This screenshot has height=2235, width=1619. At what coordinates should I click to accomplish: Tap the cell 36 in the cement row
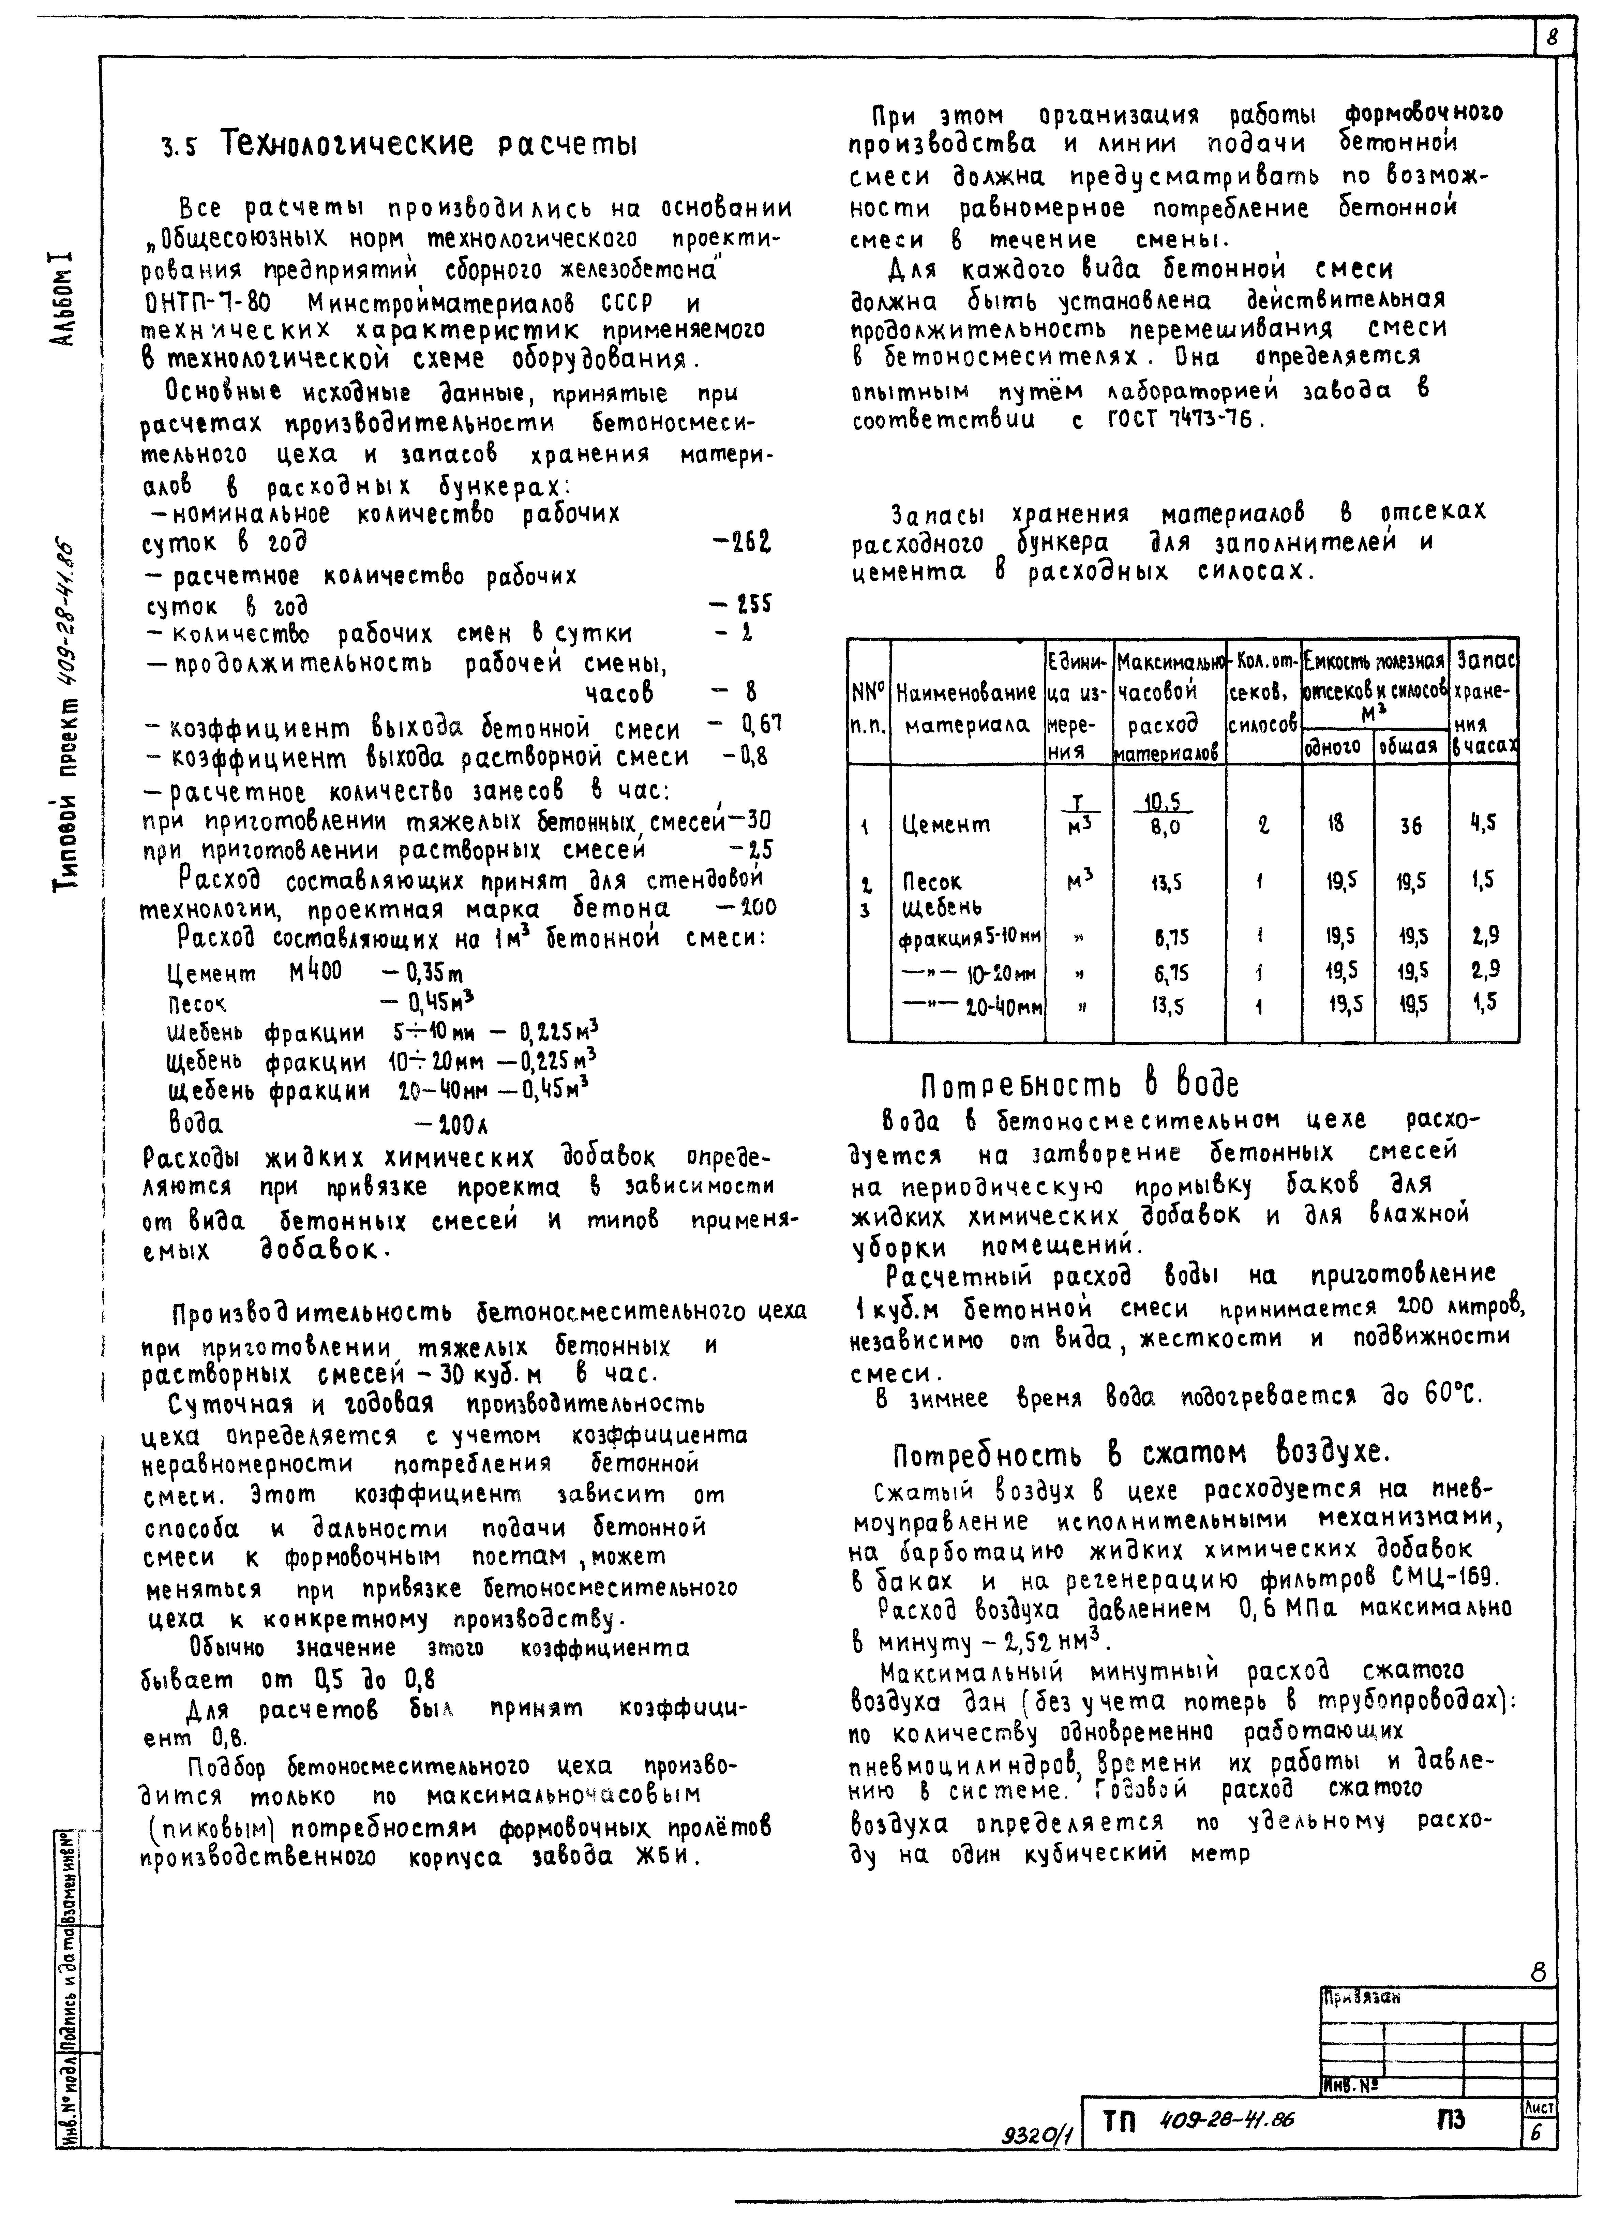(1410, 826)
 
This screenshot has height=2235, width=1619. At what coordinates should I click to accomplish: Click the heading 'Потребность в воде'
(1079, 1084)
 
